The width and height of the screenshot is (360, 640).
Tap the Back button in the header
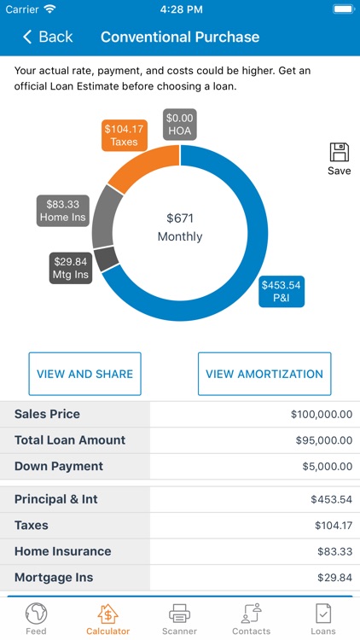[x=48, y=37]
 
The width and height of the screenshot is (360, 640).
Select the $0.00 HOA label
[x=180, y=125]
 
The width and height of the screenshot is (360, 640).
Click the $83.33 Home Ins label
[x=63, y=211]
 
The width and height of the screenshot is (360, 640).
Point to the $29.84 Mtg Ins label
[x=71, y=267]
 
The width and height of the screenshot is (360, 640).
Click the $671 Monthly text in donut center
[x=180, y=227]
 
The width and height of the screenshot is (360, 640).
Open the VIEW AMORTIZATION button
[x=264, y=374]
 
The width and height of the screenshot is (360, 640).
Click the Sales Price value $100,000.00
[x=321, y=415]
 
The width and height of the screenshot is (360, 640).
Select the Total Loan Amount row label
[x=70, y=440]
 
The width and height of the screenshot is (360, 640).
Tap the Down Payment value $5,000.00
[x=323, y=467]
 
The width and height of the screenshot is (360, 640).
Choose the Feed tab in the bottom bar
[x=36, y=619]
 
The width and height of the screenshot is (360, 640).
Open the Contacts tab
[x=252, y=619]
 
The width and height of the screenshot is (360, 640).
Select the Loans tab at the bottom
[x=323, y=619]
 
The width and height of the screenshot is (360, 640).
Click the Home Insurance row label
[x=62, y=551]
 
